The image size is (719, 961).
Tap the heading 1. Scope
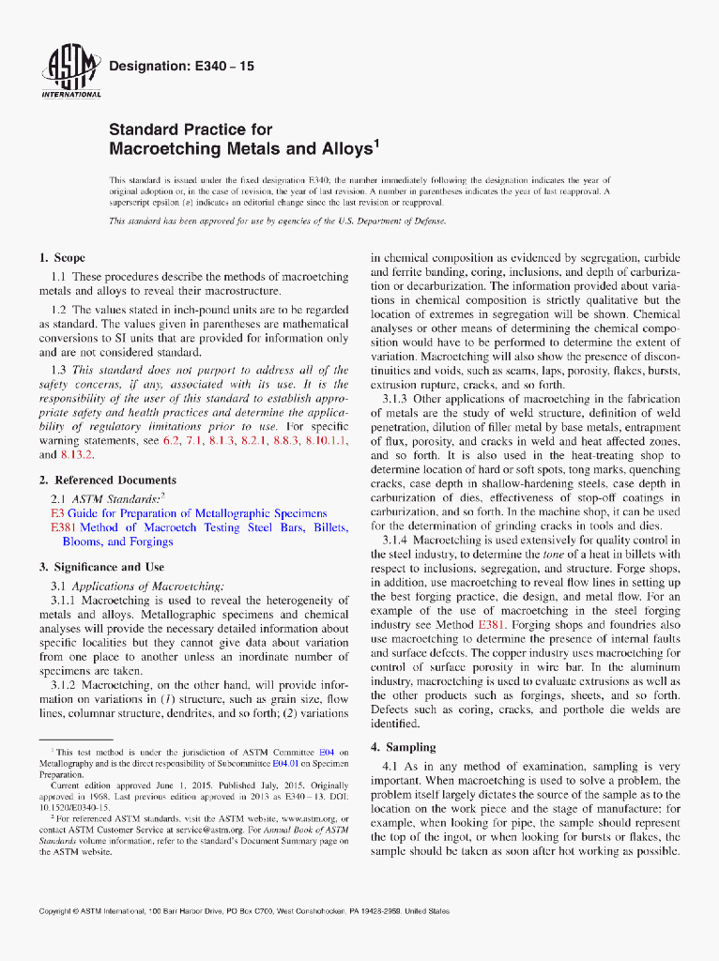pos(62,257)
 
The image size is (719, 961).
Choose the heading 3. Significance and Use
pos(101,567)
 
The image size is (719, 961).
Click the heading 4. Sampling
pos(403,747)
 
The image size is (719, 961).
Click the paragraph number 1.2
pos(58,310)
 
